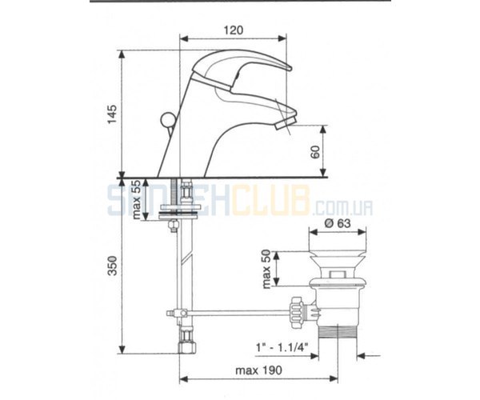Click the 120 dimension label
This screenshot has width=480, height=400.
[x=234, y=30]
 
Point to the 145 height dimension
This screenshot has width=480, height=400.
[x=112, y=114]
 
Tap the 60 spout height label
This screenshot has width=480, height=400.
[x=315, y=151]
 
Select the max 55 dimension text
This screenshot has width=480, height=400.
[x=137, y=199]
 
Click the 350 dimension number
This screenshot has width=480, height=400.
[x=113, y=266]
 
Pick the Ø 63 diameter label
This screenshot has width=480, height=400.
[x=338, y=223]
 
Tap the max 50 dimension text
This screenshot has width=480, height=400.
[x=266, y=269]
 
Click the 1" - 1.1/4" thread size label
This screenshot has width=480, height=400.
[x=282, y=348]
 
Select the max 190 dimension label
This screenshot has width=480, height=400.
[x=258, y=370]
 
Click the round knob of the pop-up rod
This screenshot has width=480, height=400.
[x=167, y=118]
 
